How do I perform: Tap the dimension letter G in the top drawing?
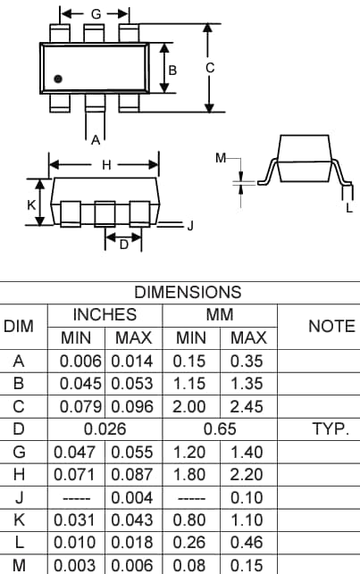coord(96,14)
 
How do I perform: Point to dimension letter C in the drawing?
coord(234,67)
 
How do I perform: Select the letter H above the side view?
coord(106,165)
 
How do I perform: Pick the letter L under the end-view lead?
coord(349,209)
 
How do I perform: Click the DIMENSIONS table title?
coord(188,292)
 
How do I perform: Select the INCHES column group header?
coord(105,315)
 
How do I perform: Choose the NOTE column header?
coord(331,327)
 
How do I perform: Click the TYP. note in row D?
coord(330,429)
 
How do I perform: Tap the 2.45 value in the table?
coord(248,407)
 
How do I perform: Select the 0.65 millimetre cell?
coord(220,429)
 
